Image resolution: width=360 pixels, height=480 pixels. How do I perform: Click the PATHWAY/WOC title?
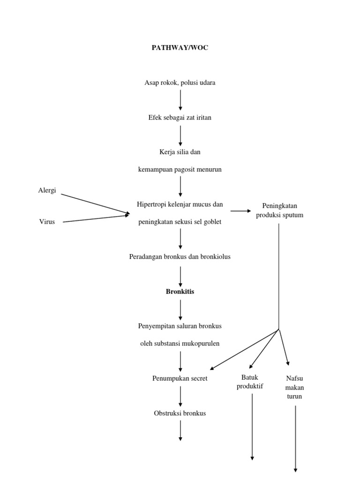pos(180,48)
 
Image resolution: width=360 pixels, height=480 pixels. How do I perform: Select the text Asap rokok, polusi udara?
pos(180,83)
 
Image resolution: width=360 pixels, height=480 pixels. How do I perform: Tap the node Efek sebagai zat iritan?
pos(180,118)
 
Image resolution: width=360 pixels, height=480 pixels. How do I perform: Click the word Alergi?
pos(47,191)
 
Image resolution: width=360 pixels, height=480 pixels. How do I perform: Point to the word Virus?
pos(47,222)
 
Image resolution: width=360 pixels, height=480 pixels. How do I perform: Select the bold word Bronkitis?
pos(180,292)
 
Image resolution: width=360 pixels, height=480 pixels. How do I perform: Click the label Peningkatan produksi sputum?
pos(279,210)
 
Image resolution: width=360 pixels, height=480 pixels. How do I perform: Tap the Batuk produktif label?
pos(250,382)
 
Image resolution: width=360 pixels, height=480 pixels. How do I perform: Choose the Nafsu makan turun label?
pos(295,387)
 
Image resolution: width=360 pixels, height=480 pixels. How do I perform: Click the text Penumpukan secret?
pos(180,378)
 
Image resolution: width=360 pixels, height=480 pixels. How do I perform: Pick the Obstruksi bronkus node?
pos(180,413)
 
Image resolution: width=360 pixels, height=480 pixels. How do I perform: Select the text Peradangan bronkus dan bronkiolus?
pos(180,257)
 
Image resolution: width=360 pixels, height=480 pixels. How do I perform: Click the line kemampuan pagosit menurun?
pos(180,170)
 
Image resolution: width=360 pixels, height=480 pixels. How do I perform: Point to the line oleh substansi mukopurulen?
pos(180,343)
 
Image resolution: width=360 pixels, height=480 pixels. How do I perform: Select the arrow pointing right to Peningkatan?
pos(240,211)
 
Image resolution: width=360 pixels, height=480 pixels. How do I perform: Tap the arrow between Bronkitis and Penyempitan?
pos(180,309)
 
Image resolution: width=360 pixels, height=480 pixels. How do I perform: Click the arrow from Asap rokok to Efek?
pos(180,100)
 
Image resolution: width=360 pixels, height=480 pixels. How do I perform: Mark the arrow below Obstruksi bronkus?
pos(180,430)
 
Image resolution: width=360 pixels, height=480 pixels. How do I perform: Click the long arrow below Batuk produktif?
pos(252,427)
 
